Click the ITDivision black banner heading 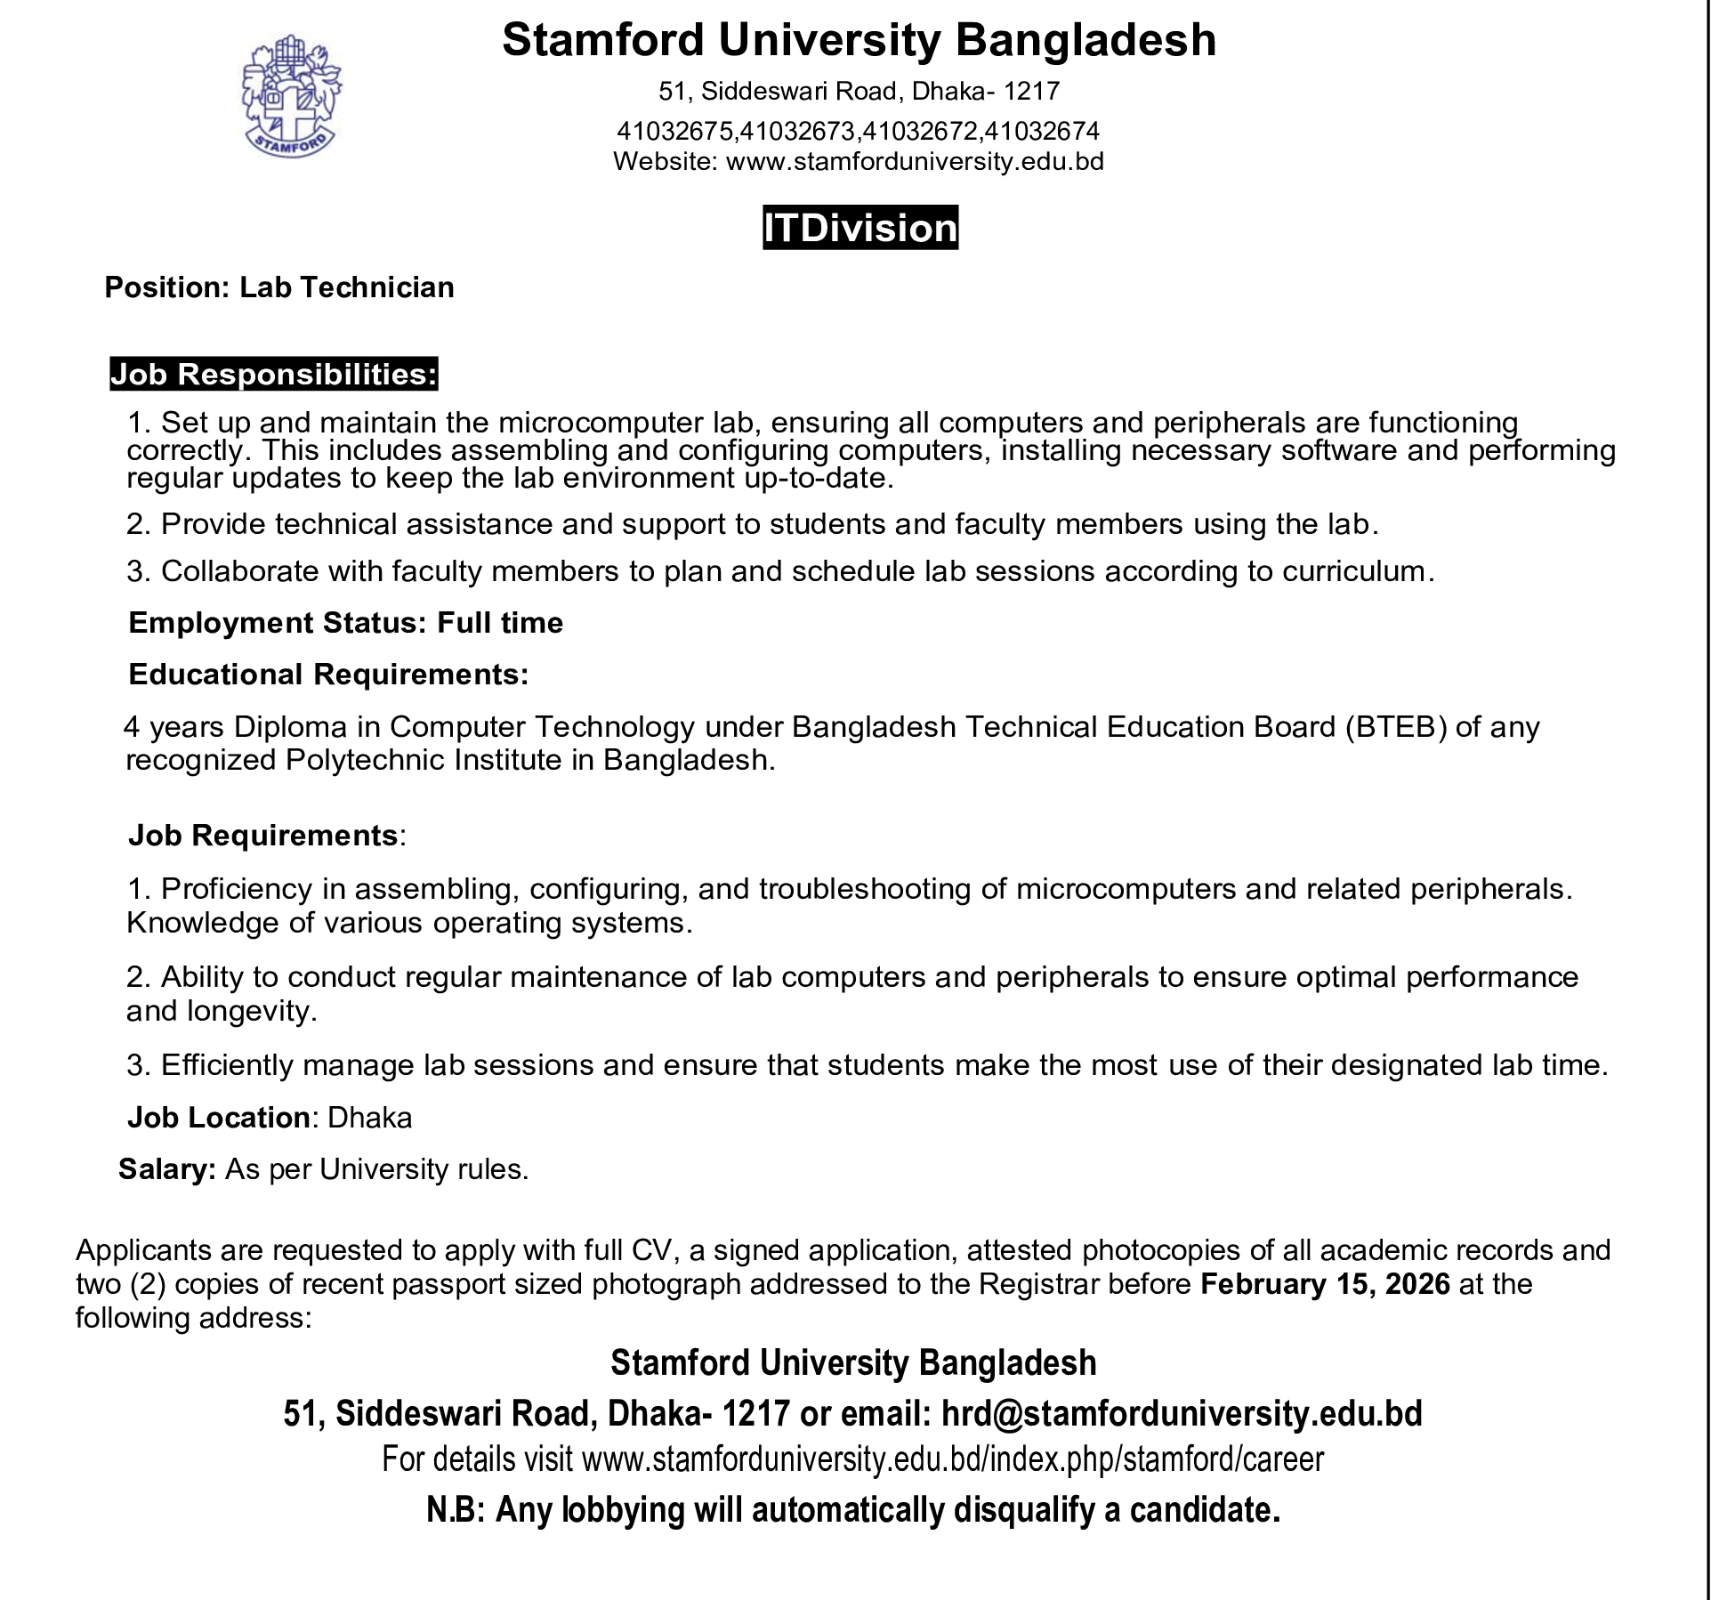tap(860, 228)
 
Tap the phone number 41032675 tap(675, 132)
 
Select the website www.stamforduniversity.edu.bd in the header tap(915, 162)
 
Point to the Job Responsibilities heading tap(273, 375)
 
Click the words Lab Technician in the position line tap(347, 287)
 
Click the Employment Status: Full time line tap(345, 623)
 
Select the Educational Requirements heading tap(328, 675)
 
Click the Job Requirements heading tap(263, 836)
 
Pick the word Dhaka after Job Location tap(370, 1118)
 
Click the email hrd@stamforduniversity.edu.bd tap(1182, 1413)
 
